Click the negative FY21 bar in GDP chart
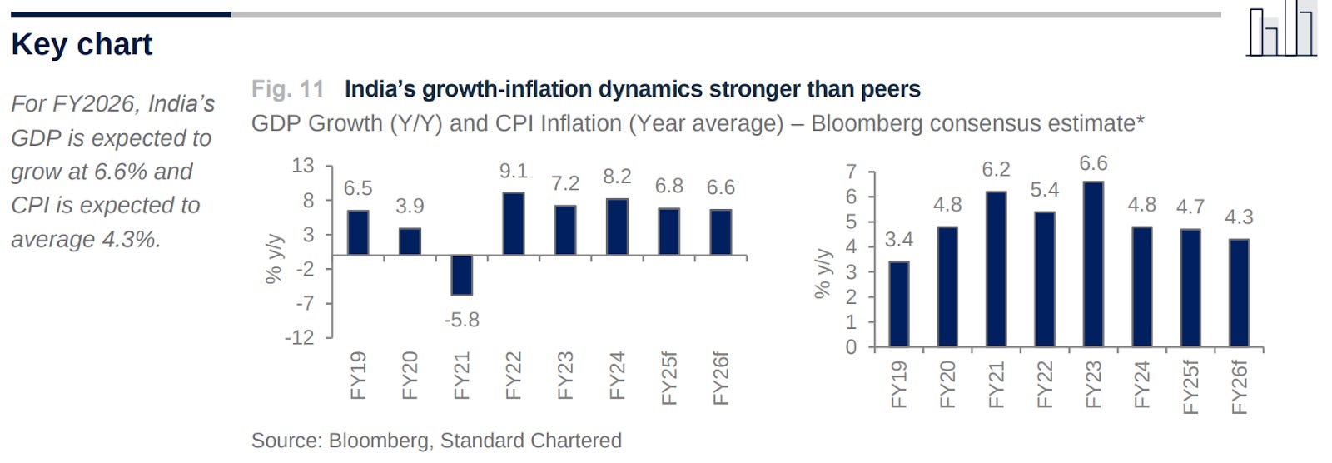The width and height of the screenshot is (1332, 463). [461, 275]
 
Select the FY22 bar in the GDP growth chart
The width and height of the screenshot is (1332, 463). [513, 223]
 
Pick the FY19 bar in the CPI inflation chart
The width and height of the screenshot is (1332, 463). [898, 304]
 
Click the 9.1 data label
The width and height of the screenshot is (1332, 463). [513, 172]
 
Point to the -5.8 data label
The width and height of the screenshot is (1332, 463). [461, 320]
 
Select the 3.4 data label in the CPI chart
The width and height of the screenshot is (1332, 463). [898, 240]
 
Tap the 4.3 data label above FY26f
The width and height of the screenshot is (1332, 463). [1239, 217]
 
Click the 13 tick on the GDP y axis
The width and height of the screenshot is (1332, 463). [303, 166]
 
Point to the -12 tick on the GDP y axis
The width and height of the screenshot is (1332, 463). [300, 338]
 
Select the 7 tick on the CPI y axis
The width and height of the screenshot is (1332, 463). [851, 172]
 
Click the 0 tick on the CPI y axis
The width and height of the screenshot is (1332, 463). [851, 347]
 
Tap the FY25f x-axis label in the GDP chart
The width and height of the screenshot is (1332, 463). [668, 379]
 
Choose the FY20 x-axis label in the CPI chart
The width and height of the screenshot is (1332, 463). [947, 384]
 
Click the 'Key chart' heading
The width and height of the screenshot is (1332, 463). [82, 44]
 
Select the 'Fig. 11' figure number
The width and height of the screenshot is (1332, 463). [287, 89]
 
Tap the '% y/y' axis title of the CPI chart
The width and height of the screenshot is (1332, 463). [823, 273]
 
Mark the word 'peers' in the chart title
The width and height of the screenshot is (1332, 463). [887, 89]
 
